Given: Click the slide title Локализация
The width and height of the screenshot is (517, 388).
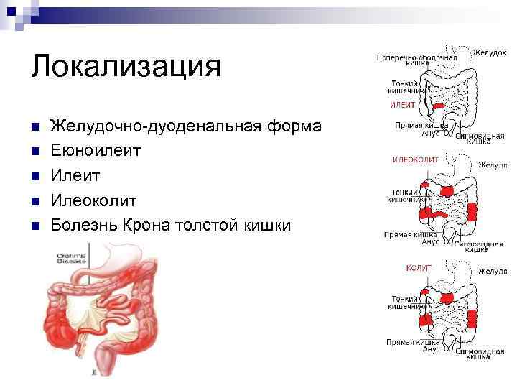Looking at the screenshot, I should click(x=126, y=66).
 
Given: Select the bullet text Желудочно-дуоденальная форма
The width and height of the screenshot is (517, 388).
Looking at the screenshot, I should click(x=185, y=126).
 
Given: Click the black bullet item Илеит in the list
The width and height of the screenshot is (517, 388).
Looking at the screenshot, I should click(x=75, y=175).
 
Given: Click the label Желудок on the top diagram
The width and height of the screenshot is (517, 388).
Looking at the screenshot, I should click(x=490, y=52).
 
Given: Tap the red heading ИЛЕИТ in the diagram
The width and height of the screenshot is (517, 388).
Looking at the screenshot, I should click(x=403, y=105).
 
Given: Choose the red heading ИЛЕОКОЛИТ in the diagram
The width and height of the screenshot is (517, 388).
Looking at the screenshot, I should click(x=415, y=160).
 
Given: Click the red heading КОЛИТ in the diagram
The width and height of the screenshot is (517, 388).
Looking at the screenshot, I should click(x=419, y=268).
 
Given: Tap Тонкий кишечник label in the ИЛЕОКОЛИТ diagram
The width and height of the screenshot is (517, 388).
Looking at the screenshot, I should click(x=406, y=195).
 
